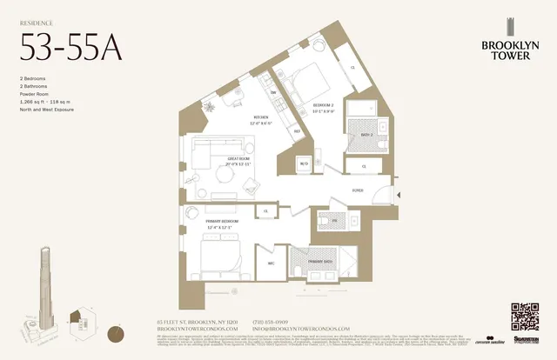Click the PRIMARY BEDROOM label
[222, 223]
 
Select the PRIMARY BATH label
[320, 261]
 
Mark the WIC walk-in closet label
[271, 262]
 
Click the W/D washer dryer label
[304, 163]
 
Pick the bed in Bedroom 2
[311, 84]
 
